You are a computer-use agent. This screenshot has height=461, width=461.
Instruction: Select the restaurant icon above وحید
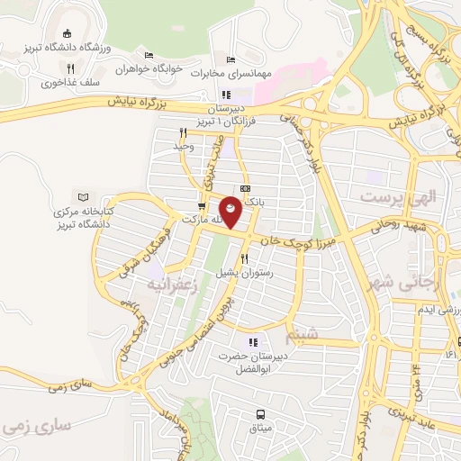pos(184,131)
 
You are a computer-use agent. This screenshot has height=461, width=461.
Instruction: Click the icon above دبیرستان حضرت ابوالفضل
pos(253,341)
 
